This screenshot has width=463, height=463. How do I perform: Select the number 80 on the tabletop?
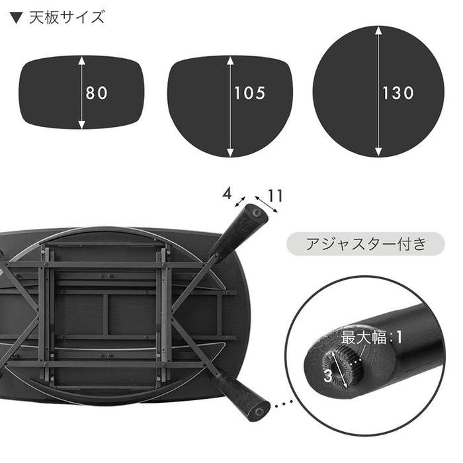[96, 93]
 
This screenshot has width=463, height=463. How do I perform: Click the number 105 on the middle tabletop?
[249, 93]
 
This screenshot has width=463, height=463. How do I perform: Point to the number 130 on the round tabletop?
[398, 93]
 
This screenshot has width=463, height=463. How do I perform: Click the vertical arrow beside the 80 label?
[82, 93]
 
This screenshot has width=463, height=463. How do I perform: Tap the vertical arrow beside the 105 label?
[230, 106]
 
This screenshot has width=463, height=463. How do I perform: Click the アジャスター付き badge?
[357, 243]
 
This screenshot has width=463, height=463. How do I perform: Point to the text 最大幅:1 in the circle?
[372, 337]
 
